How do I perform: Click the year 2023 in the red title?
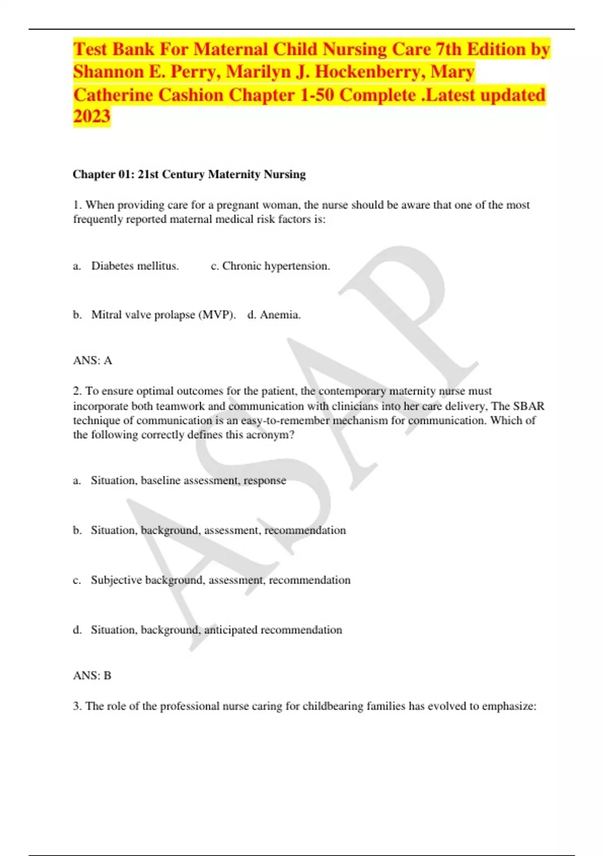point(92,116)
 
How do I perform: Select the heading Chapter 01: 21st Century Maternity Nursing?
point(189,174)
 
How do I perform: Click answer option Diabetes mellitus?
point(135,266)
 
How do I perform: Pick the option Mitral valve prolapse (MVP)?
point(163,315)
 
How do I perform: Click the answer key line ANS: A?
point(93,361)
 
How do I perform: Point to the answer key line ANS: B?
point(92,676)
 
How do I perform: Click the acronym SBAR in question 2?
point(528,406)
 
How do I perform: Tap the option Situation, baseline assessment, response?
point(188,480)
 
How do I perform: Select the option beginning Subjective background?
point(220,580)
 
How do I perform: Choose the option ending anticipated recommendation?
point(216,630)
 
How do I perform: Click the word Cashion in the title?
point(191,95)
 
